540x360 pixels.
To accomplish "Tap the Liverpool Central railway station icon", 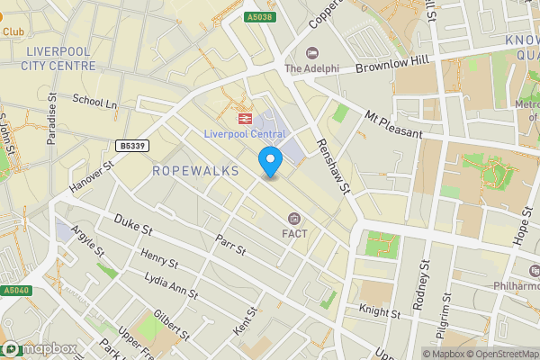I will click(244, 117).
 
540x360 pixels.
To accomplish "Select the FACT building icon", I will click(293, 219).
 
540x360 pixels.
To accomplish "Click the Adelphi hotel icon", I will click(312, 53).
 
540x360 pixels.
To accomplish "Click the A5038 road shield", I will click(258, 16).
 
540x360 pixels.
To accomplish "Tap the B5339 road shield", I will click(132, 145).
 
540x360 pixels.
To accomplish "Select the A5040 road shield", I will click(15, 291).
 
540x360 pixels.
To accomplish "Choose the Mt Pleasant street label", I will click(393, 124).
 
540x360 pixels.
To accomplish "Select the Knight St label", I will click(379, 313).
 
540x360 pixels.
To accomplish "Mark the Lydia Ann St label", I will click(170, 286).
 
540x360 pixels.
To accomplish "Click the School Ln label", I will click(95, 103).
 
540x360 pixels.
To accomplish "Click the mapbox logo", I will click(39, 348).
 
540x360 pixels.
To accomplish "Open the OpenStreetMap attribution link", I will click(499, 353).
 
